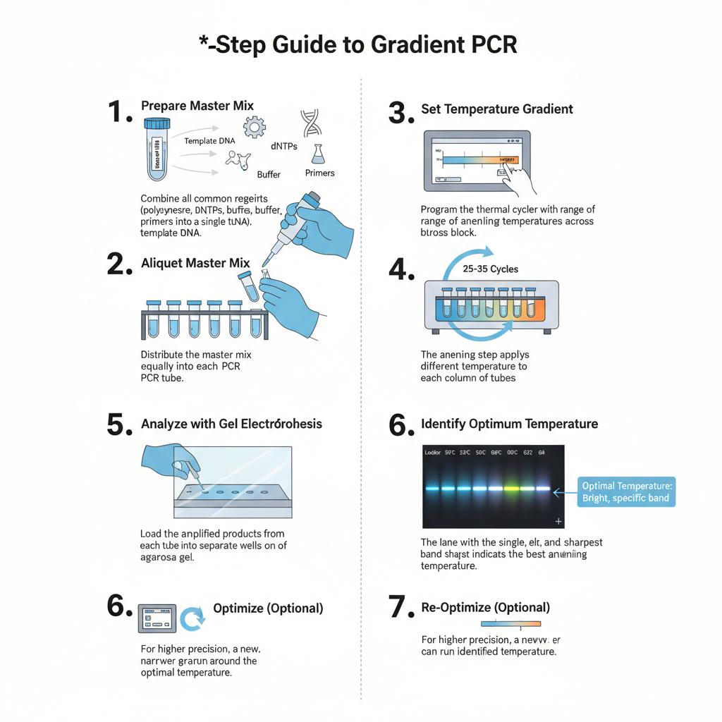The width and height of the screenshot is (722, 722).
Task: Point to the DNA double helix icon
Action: tap(311, 122)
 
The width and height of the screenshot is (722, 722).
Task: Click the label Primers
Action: tap(319, 173)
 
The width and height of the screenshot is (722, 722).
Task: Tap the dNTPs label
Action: tap(284, 147)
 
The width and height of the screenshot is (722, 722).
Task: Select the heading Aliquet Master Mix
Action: tap(195, 263)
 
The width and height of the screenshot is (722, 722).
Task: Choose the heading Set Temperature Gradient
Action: tap(496, 109)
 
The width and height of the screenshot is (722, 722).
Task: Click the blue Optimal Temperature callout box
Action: tap(627, 492)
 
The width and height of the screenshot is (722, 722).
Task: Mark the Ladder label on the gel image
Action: tap(433, 452)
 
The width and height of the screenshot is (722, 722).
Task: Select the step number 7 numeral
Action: tap(400, 608)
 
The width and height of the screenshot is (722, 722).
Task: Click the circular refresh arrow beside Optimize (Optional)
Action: tap(192, 618)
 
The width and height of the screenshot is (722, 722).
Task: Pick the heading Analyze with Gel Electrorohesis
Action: tap(231, 424)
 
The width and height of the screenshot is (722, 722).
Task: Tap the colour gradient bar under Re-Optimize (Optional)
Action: tap(510, 623)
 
